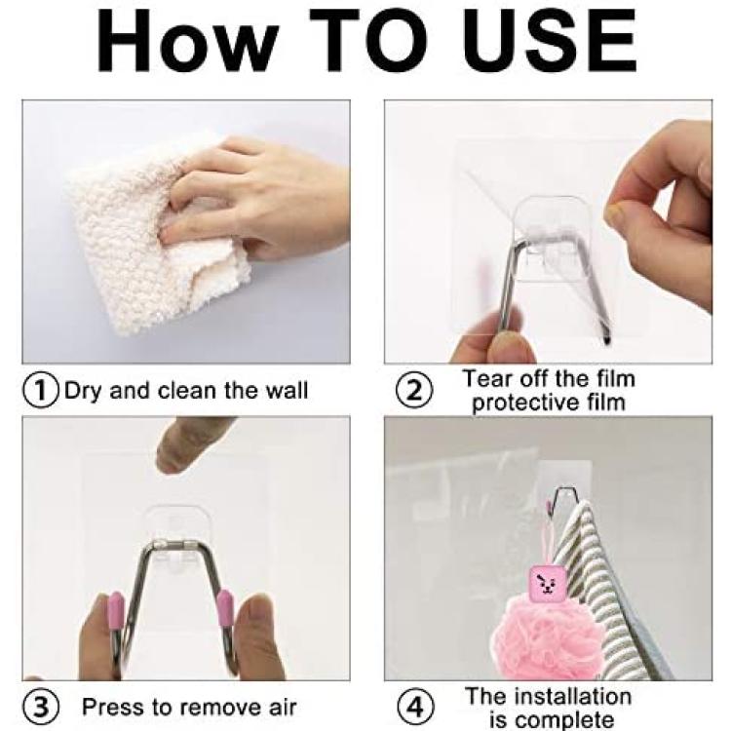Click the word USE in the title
(x=549, y=41)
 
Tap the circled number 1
(x=41, y=391)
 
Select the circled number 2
(x=414, y=391)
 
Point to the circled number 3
(x=41, y=708)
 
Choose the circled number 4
(x=414, y=708)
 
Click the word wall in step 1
(x=287, y=390)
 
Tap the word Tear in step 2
(x=487, y=378)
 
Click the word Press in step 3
(x=113, y=708)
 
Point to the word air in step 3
(x=283, y=708)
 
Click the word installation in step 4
(x=575, y=697)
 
